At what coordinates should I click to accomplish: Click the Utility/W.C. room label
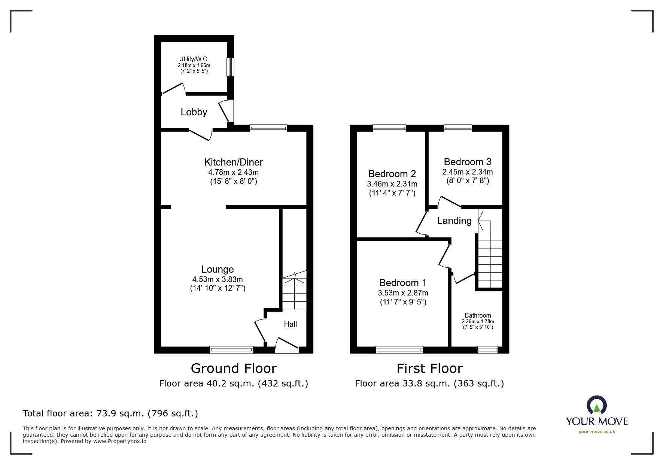pyautogui.click(x=194, y=59)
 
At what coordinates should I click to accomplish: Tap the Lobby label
pyautogui.click(x=194, y=112)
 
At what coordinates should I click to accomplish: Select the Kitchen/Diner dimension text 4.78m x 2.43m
pyautogui.click(x=233, y=172)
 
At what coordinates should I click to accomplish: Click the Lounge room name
pyautogui.click(x=218, y=269)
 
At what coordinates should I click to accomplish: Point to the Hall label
pyautogui.click(x=290, y=324)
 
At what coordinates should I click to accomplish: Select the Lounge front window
pyautogui.click(x=231, y=350)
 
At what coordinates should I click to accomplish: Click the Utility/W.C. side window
pyautogui.click(x=230, y=67)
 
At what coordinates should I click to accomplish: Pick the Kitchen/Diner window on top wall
pyautogui.click(x=268, y=128)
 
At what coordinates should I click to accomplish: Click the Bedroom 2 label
pyautogui.click(x=392, y=174)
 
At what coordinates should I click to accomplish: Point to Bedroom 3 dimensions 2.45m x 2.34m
pyautogui.click(x=468, y=172)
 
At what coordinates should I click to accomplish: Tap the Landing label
pyautogui.click(x=454, y=221)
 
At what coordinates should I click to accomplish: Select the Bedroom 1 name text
pyautogui.click(x=402, y=283)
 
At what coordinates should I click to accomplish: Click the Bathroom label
pyautogui.click(x=478, y=315)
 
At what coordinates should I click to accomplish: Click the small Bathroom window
pyautogui.click(x=487, y=350)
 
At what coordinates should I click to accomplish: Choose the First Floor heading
pyautogui.click(x=429, y=369)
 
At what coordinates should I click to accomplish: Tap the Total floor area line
pyautogui.click(x=110, y=413)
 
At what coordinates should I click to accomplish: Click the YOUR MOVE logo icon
pyautogui.click(x=596, y=405)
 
